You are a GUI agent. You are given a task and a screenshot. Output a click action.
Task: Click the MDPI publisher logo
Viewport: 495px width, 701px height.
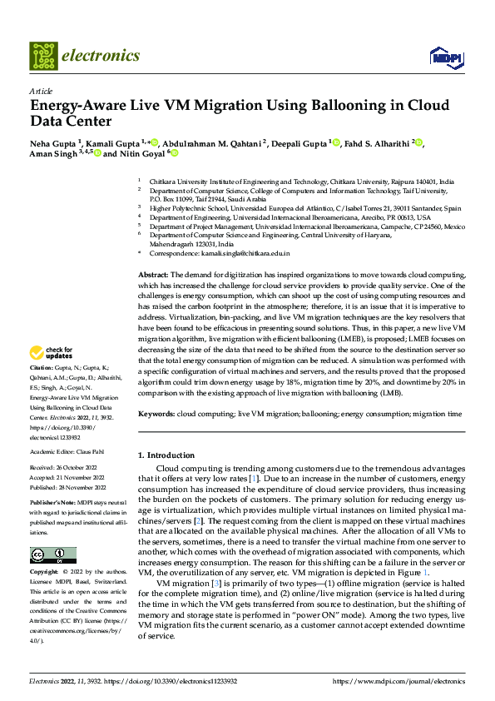pos(445,56)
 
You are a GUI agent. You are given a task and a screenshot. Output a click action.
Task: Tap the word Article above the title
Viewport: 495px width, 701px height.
pos(41,91)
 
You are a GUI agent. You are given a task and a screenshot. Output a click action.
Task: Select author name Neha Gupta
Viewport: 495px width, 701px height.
pos(52,142)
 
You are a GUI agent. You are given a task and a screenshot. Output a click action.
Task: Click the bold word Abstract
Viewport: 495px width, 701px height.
pos(152,274)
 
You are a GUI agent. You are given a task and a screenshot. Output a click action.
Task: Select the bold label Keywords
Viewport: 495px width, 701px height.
pos(156,413)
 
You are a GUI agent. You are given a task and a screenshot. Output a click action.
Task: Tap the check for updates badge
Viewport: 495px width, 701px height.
pos(52,376)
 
